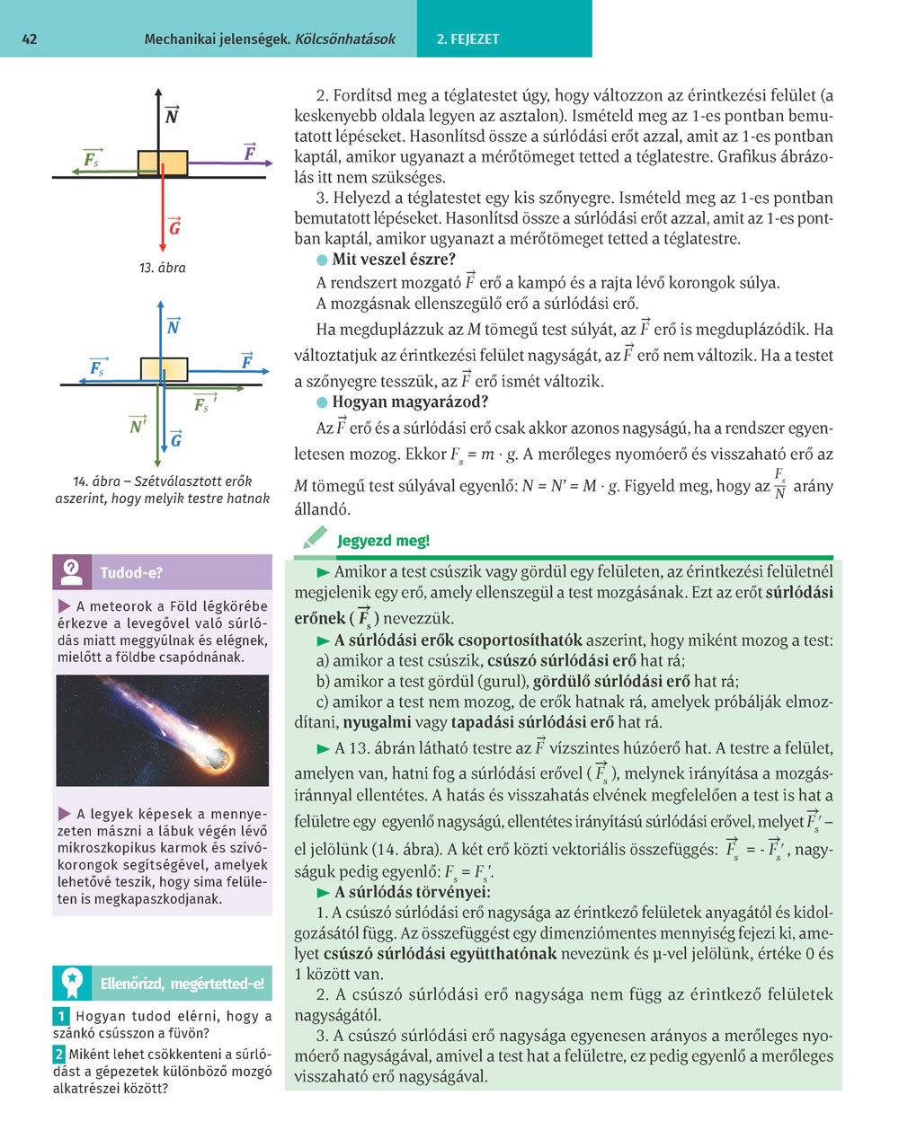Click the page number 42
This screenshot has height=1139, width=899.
click(x=29, y=40)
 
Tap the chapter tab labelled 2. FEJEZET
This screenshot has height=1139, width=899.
click(x=467, y=40)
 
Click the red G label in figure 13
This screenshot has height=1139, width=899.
click(x=174, y=227)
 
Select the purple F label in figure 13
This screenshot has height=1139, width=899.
click(x=250, y=154)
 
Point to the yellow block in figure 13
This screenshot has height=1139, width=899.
click(x=163, y=163)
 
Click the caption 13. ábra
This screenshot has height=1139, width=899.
click(x=163, y=268)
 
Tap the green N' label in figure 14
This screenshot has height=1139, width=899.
click(x=138, y=425)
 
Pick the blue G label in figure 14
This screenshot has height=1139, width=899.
click(x=176, y=439)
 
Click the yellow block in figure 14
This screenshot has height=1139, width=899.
click(x=164, y=369)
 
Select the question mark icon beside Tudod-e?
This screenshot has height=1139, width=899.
click(x=72, y=571)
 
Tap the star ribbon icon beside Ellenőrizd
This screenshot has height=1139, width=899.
click(x=72, y=984)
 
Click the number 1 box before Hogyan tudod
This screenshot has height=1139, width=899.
click(x=60, y=1016)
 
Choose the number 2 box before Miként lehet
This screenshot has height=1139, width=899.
click(x=59, y=1055)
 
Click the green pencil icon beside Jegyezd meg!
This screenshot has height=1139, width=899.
click(x=315, y=539)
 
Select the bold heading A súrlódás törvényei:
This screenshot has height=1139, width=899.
click(x=413, y=892)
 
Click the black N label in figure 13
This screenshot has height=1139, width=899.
click(x=172, y=116)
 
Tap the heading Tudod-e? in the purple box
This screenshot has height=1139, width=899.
click(x=131, y=572)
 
